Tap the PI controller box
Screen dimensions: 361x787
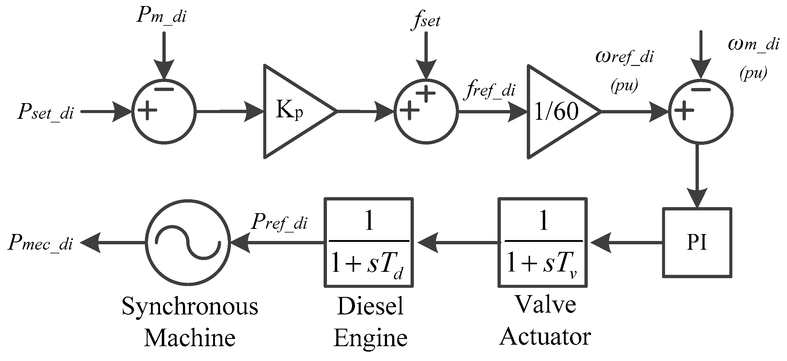point(697,242)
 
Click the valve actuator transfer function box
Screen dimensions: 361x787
point(542,242)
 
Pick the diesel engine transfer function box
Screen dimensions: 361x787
point(369,242)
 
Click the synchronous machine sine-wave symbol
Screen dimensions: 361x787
point(187,242)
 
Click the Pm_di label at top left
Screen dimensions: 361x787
point(161,15)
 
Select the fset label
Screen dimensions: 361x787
point(426,21)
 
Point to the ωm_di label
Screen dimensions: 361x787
point(753,44)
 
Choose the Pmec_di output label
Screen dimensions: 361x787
point(41,243)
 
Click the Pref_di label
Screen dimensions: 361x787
point(279,222)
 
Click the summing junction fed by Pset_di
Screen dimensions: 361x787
point(164,111)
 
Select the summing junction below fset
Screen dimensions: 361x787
point(426,111)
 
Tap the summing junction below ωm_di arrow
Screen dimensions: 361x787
point(701,111)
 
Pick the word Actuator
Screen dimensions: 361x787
point(545,337)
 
